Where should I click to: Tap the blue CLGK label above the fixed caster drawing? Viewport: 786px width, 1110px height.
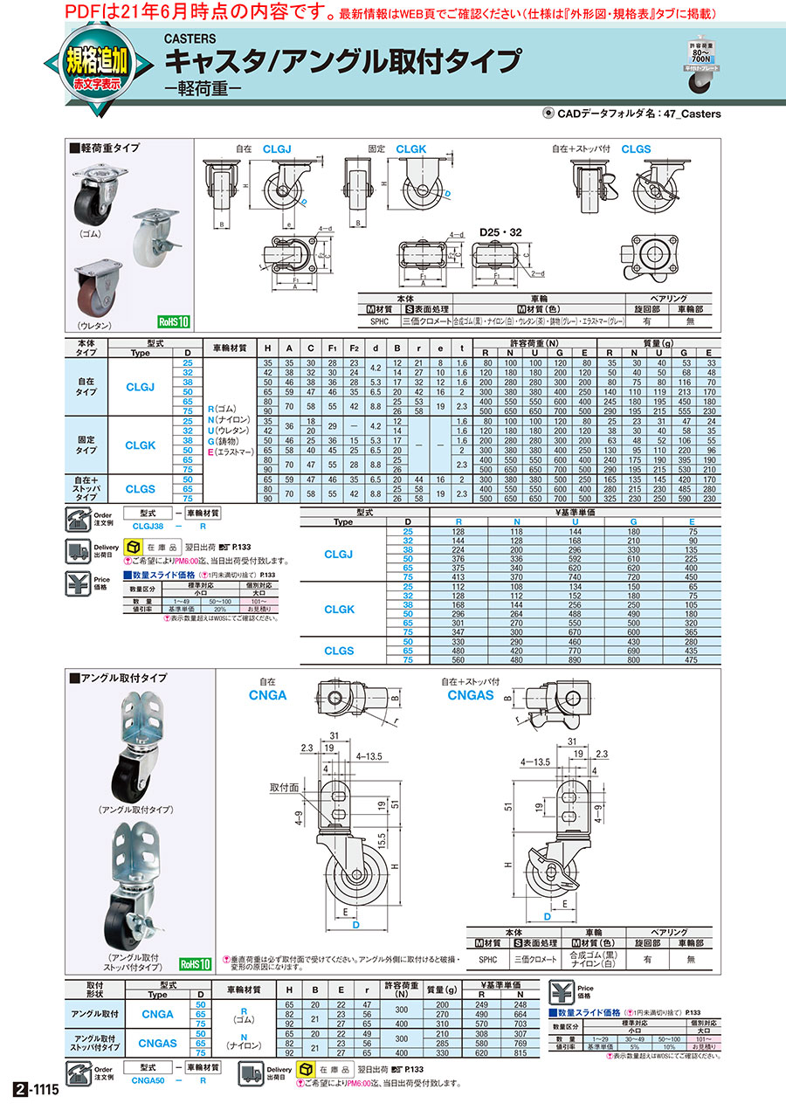click(x=410, y=150)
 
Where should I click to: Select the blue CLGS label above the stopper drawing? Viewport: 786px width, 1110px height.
click(x=636, y=150)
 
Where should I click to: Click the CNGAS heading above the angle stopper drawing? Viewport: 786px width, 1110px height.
click(x=472, y=695)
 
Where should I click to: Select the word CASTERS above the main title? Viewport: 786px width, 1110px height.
click(x=190, y=38)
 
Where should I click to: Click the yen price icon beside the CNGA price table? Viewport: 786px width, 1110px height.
click(x=562, y=991)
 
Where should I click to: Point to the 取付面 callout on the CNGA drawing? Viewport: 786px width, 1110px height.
click(x=285, y=787)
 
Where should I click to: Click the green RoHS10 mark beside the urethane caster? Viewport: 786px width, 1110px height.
click(x=174, y=321)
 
